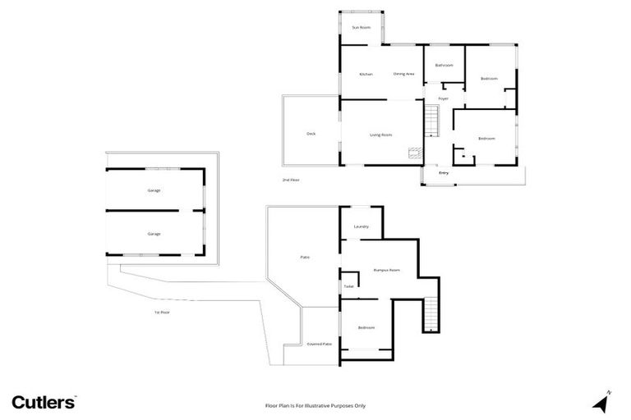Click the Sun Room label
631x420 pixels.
coord(362,28)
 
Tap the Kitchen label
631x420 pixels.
coord(366,74)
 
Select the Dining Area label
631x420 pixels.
coord(403,74)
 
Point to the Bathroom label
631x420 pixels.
coord(444,65)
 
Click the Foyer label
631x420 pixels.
coord(443,98)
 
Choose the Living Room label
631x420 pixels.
coord(380,135)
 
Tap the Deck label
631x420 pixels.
coord(311,134)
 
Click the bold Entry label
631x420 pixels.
coord(444,173)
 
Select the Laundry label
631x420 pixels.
coord(361,226)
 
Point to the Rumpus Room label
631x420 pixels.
coord(386,270)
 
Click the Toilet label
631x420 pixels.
coord(348,286)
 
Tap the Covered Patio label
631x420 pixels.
coord(319,344)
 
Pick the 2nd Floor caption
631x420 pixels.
coord(291,179)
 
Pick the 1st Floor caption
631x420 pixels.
coord(161,312)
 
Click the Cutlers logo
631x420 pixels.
coord(44,402)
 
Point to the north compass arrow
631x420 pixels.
coord(603,402)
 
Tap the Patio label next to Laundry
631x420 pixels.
coord(304,258)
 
